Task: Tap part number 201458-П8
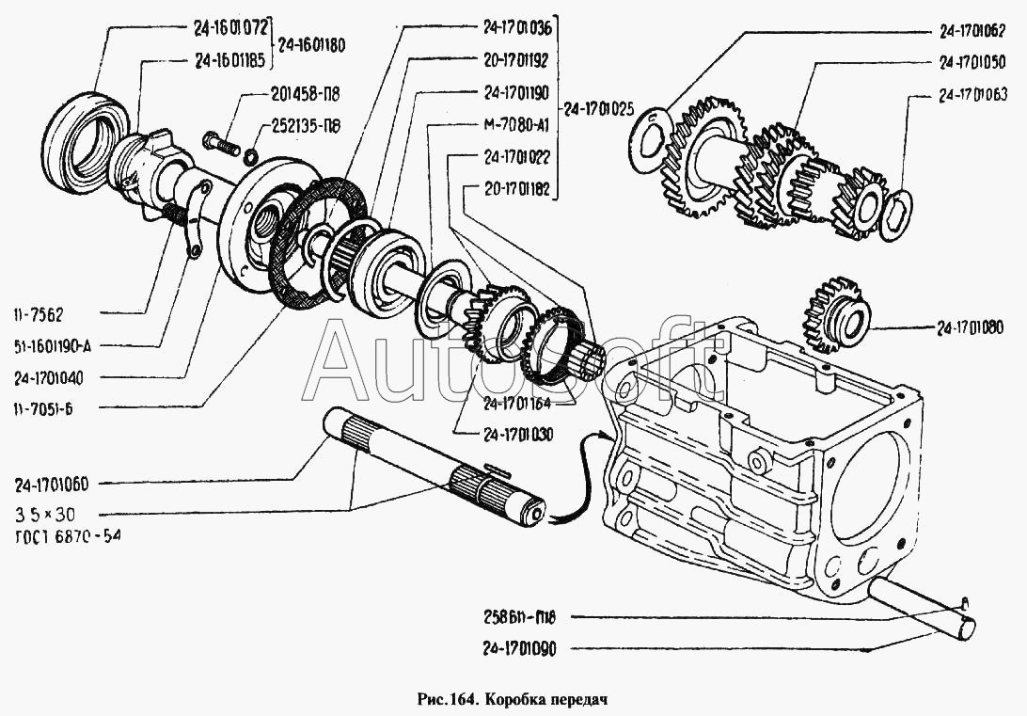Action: coord(305,94)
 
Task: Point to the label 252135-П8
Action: coord(306,125)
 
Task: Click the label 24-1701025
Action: coord(599,109)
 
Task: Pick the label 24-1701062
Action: coord(972,31)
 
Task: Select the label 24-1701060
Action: coord(51,485)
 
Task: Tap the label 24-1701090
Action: coord(519,648)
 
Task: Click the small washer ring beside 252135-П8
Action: coord(250,156)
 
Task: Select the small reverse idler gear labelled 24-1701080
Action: coord(834,315)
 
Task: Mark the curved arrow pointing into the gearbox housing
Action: coord(579,475)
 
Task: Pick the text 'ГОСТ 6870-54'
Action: coord(68,536)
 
